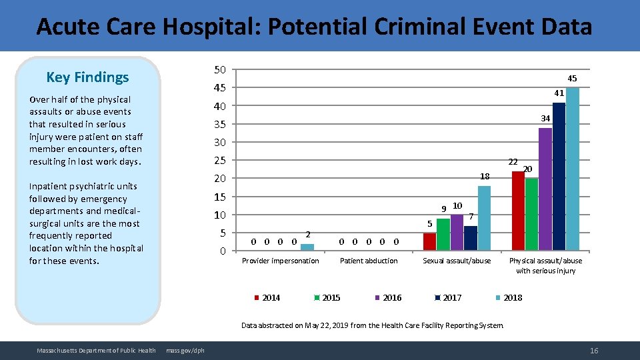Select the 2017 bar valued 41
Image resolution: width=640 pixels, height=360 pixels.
click(559, 177)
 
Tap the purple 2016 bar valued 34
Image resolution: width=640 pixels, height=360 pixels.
click(545, 189)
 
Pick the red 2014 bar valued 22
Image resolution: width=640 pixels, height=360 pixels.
click(518, 211)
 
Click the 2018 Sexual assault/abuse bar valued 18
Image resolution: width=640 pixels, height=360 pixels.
click(484, 218)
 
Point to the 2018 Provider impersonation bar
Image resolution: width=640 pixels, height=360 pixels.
click(307, 247)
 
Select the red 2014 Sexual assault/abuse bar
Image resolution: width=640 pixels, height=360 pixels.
click(429, 241)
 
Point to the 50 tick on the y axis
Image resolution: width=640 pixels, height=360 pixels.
click(220, 70)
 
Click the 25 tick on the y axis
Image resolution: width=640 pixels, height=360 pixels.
click(220, 161)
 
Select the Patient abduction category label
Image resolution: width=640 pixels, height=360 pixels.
click(369, 261)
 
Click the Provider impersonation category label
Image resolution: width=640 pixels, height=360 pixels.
click(280, 261)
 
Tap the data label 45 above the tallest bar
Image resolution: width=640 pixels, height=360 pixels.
click(572, 79)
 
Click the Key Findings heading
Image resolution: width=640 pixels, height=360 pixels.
click(87, 77)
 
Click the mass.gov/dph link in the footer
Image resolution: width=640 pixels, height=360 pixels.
click(185, 351)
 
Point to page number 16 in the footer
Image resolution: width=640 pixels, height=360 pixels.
click(594, 351)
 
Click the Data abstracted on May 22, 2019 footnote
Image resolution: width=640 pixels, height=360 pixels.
click(373, 325)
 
